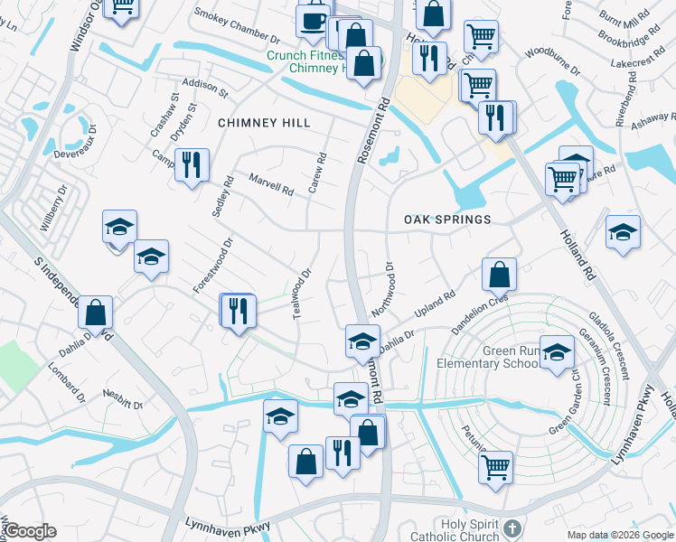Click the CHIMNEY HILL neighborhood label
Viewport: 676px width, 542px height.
[x=264, y=123]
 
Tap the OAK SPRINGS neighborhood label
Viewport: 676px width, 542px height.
[x=447, y=220]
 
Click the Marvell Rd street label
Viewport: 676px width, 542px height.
[x=272, y=185]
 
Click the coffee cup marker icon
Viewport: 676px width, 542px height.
[x=314, y=19]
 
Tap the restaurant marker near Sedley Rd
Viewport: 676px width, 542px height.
[x=191, y=164]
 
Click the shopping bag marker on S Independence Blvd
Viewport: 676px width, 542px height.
[x=95, y=313]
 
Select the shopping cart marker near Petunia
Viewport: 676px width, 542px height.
[x=495, y=467]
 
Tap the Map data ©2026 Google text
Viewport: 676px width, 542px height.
[x=619, y=535]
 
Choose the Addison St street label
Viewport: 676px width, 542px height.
[x=204, y=87]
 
